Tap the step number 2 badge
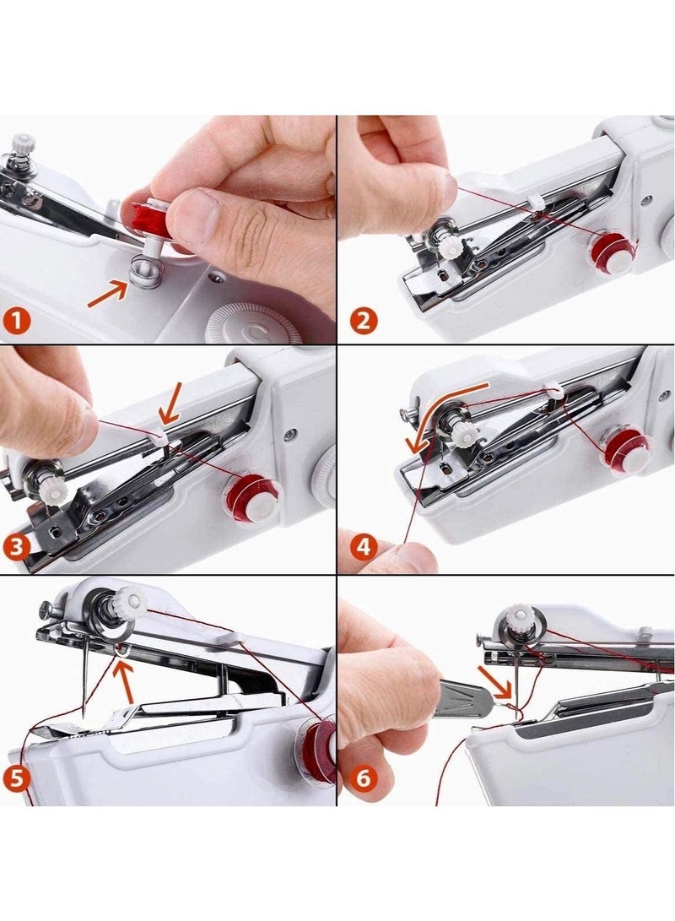pos(363,322)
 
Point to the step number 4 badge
pos(364,546)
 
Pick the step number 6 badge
pos(363,777)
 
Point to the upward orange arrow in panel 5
pos(125,679)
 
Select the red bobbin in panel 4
pos(625,447)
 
